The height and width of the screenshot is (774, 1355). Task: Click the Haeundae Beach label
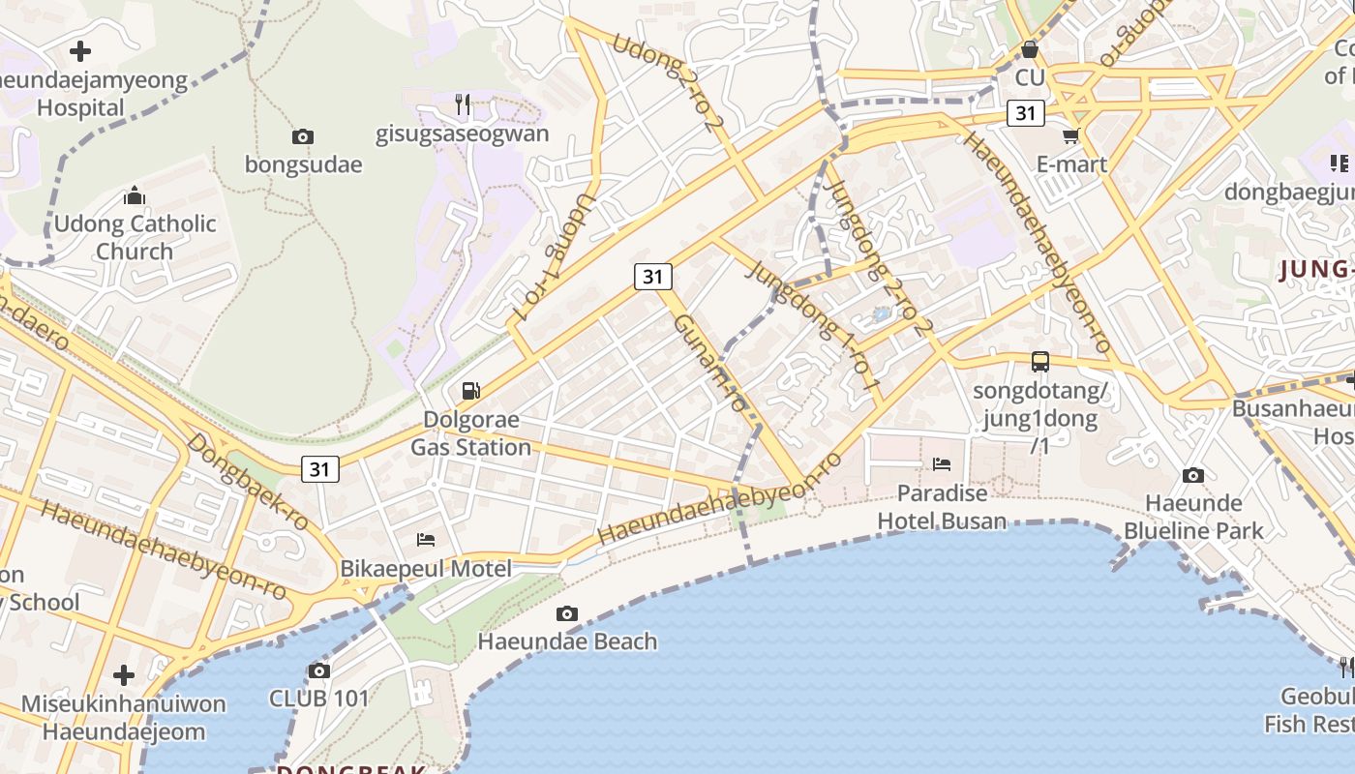pos(567,641)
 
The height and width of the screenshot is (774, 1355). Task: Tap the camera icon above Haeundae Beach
pos(567,613)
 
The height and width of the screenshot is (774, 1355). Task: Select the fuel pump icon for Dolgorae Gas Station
pos(471,391)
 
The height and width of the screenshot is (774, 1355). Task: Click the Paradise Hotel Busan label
pos(942,507)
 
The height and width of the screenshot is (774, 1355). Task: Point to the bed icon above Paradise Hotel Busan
pos(942,464)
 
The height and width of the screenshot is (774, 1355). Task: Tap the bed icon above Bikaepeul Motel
pos(426,539)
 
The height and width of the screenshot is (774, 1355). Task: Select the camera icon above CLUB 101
pos(319,670)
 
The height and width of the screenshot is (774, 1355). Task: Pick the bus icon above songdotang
pos(1040,362)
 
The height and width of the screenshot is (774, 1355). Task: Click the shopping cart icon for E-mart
pos(1071,136)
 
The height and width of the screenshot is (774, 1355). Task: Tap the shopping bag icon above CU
pos(1030,48)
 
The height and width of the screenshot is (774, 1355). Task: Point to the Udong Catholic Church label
pos(135,237)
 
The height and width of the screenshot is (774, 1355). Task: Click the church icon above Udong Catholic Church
pos(135,196)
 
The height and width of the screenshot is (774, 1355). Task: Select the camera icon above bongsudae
pos(303,137)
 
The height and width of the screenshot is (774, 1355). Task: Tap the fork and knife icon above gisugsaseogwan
pos(463,104)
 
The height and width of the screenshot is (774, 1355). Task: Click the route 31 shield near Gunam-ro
pos(653,277)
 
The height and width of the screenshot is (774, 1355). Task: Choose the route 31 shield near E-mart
pos(1026,113)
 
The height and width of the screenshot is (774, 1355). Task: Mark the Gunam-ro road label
pos(711,364)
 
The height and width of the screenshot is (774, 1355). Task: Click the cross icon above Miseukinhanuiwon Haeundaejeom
pos(124,674)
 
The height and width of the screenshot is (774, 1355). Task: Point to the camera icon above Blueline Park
pos(1193,475)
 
